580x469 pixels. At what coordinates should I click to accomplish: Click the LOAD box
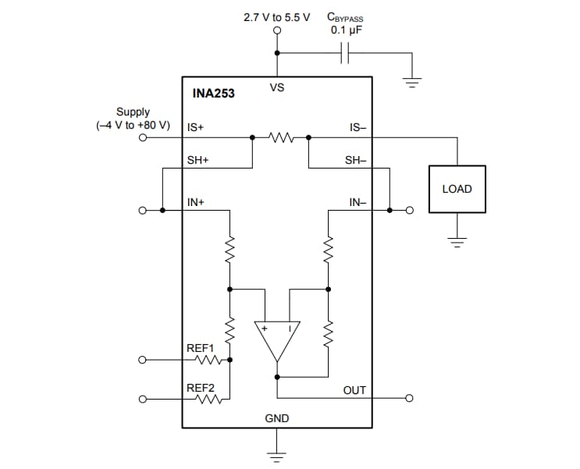[457, 189]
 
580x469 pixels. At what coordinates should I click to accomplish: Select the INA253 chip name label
[213, 94]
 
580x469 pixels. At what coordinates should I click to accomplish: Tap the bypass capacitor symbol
[347, 53]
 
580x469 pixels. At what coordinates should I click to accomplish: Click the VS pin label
[277, 87]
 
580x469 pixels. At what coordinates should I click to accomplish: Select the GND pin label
[276, 418]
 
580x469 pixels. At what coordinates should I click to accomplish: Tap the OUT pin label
[354, 389]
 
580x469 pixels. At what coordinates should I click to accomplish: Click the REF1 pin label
[200, 347]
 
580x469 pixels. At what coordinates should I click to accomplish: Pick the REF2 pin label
[200, 388]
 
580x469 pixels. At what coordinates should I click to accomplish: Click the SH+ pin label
[197, 160]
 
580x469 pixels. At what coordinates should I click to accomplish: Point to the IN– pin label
[357, 202]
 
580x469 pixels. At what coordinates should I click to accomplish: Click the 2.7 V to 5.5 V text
[277, 16]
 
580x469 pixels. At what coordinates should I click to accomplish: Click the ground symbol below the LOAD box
[457, 239]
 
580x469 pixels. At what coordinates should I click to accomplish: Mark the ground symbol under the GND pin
[276, 454]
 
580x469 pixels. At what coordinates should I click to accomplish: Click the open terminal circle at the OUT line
[408, 398]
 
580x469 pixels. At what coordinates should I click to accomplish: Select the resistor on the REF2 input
[209, 400]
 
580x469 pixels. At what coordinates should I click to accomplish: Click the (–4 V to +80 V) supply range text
[133, 125]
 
